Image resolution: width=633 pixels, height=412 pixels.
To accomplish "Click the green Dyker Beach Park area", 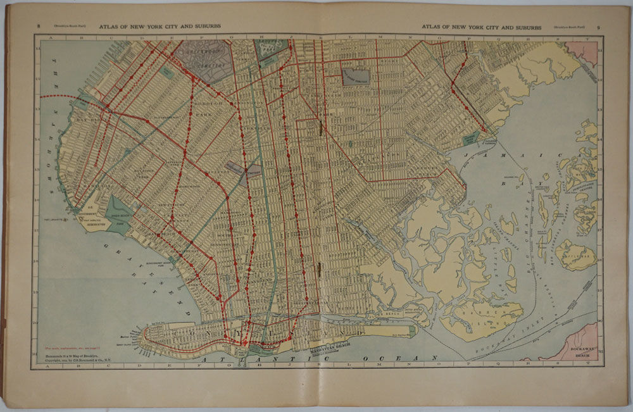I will point(119,211).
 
